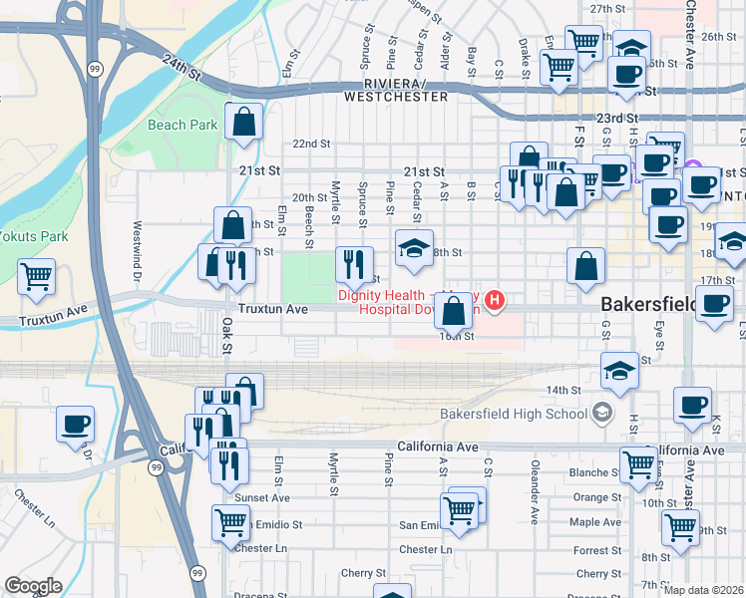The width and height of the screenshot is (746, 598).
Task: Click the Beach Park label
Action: click(x=183, y=125)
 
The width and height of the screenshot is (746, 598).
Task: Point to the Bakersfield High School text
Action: click(x=514, y=413)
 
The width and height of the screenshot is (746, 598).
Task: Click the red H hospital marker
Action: click(x=493, y=300)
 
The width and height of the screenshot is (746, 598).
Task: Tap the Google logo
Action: click(x=33, y=586)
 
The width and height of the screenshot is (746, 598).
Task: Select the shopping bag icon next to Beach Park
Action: click(x=244, y=122)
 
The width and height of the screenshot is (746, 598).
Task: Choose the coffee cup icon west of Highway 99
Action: click(x=76, y=424)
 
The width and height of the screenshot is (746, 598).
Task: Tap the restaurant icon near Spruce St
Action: click(x=354, y=264)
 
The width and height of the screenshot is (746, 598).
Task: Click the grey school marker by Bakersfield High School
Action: click(x=601, y=412)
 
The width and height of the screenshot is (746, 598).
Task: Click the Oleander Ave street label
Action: click(x=535, y=505)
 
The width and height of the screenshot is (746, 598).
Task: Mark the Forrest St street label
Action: click(x=598, y=549)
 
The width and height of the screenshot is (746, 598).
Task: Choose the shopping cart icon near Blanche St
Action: click(x=638, y=463)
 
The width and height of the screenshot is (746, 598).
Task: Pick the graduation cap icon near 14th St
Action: click(x=620, y=371)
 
